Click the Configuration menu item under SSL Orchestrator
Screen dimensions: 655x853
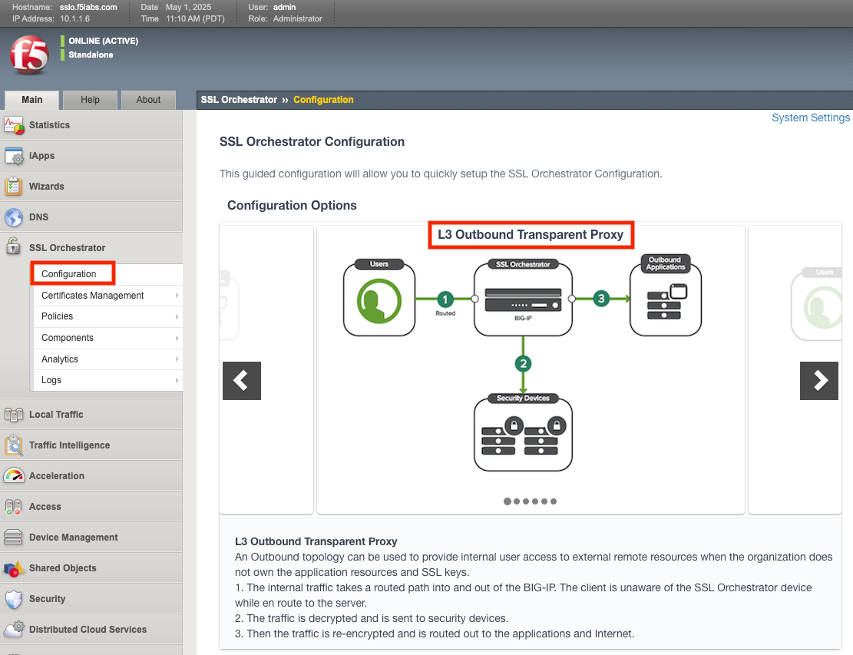[x=69, y=274]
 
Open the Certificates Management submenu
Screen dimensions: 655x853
[x=93, y=296]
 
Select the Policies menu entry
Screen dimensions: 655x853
[x=58, y=316]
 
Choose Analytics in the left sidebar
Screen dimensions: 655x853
[x=60, y=359]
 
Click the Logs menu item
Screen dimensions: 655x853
[x=51, y=380]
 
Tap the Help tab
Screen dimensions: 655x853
[x=90, y=100]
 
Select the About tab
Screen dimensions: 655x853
[x=148, y=100]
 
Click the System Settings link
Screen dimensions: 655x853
[x=810, y=118]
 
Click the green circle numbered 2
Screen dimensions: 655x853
[x=524, y=363]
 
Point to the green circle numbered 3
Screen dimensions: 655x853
[x=601, y=299]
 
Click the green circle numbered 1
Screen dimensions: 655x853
[x=445, y=299]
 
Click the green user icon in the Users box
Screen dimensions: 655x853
[x=379, y=300]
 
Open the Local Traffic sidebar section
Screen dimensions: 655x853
[x=56, y=415]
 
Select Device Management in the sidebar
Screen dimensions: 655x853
[x=73, y=538]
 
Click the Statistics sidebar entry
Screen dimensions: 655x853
[x=49, y=125]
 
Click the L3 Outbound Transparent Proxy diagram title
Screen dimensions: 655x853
[x=530, y=235]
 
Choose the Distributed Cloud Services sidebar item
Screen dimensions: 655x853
[x=88, y=630]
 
